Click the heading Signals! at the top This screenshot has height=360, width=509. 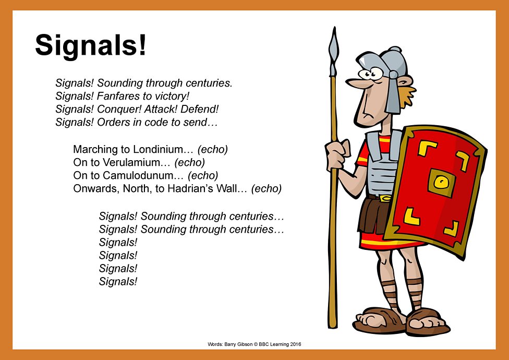coord(91,45)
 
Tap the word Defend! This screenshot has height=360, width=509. coord(200,110)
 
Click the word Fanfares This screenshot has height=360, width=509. coord(117,96)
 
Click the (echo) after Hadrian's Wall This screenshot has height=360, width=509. coord(266,188)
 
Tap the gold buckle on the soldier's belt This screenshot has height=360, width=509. coord(384,198)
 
